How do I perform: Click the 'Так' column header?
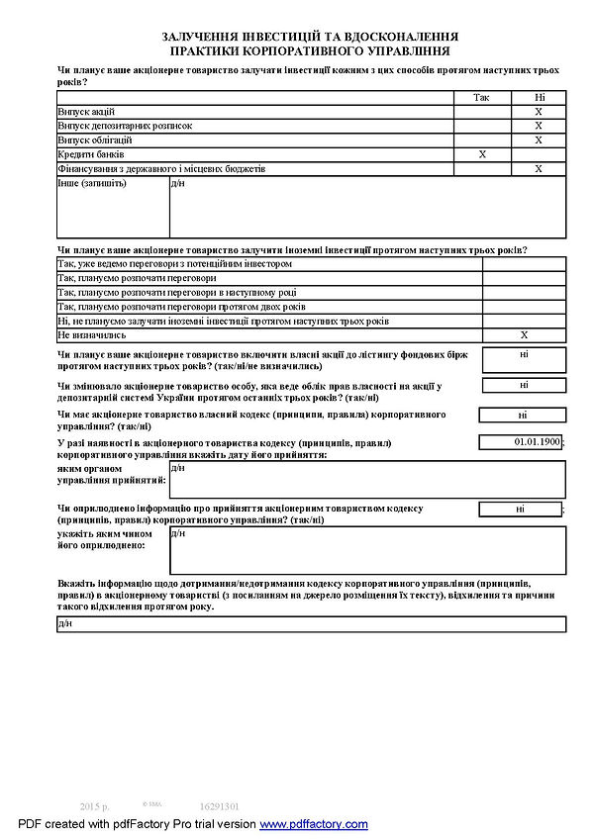(482, 98)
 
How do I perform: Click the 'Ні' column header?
(539, 98)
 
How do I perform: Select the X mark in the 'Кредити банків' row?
(482, 154)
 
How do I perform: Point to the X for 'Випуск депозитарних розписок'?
(539, 126)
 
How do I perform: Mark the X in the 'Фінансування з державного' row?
(539, 169)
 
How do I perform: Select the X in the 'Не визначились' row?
(525, 335)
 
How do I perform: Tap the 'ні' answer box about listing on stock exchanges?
(524, 353)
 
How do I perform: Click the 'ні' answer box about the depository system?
(524, 385)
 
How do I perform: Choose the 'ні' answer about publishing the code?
(520, 509)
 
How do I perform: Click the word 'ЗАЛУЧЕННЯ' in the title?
(208, 37)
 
